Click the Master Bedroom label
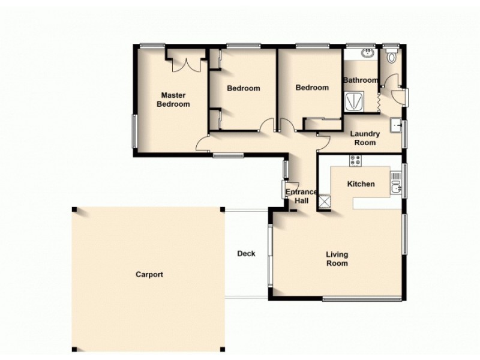(x=173, y=100)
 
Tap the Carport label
(x=149, y=274)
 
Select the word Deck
(x=246, y=253)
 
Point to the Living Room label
(x=337, y=259)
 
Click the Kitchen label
(x=361, y=184)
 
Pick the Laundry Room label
(x=365, y=139)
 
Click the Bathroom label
(x=360, y=80)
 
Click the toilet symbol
(x=392, y=57)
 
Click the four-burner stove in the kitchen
(x=355, y=161)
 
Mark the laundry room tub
(x=397, y=126)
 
